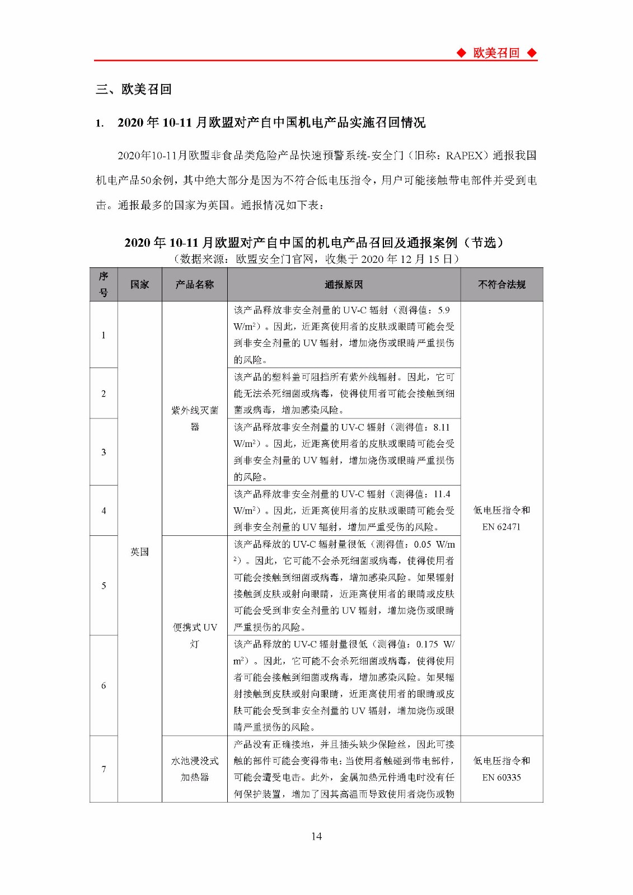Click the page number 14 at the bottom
(x=316, y=836)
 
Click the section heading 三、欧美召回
(x=134, y=89)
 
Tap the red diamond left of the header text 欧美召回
(x=461, y=53)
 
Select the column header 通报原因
(x=344, y=285)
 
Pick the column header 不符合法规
(x=501, y=285)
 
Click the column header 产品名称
(x=194, y=285)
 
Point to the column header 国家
(x=139, y=285)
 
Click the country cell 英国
(x=139, y=552)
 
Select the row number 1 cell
(x=104, y=335)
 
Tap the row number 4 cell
(x=104, y=511)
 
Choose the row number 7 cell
(x=104, y=769)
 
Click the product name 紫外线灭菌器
(x=194, y=418)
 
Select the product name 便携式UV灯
(x=194, y=635)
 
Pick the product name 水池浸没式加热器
(x=194, y=769)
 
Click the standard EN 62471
(x=501, y=527)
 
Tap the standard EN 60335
(x=501, y=778)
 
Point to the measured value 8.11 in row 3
(x=442, y=427)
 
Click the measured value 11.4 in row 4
(x=442, y=494)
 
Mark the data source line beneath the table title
(x=316, y=259)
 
